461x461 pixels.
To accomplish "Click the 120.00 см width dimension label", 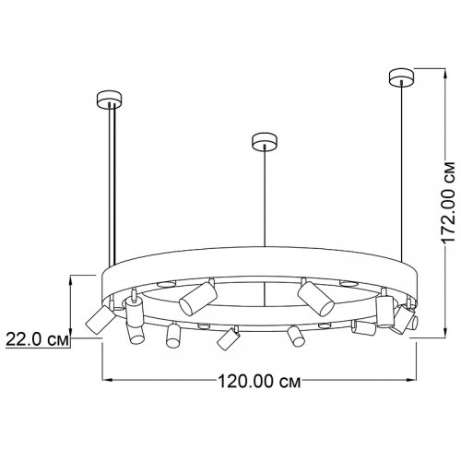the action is [259, 382].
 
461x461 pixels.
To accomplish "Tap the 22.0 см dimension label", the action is [37, 339].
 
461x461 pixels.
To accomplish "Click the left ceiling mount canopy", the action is [109, 99].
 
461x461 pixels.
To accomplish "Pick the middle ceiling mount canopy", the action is [264, 141].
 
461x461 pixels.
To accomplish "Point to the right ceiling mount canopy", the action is [402, 77].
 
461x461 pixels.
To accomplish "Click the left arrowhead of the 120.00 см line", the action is [106, 380].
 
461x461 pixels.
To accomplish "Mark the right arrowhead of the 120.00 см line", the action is [411, 380].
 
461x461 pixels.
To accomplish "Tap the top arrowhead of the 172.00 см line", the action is [444, 73].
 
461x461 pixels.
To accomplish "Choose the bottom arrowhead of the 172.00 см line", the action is [444, 333].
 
